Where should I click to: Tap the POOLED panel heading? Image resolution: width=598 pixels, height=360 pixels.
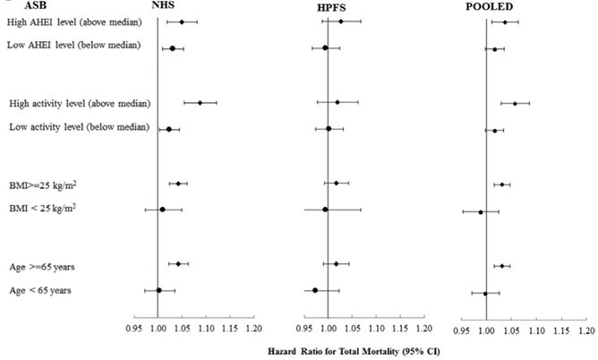pos(495,7)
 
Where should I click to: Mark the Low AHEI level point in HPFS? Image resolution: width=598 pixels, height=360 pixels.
pos(325,47)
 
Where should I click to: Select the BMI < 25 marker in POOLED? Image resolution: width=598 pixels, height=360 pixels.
pos(481,212)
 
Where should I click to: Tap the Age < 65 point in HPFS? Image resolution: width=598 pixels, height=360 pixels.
pos(315,290)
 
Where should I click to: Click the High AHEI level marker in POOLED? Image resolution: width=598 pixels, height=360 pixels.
pos(505,22)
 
